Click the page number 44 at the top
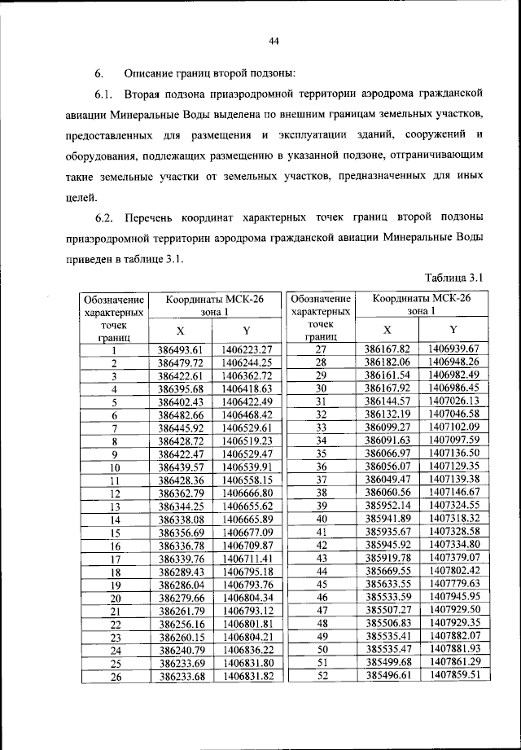point(274,42)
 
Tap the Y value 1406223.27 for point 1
point(244,349)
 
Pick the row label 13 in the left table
point(115,506)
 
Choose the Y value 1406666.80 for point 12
point(244,493)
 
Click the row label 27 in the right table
point(321,349)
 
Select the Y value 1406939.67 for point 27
point(451,349)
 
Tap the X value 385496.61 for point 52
point(387,676)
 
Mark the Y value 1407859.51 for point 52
point(451,676)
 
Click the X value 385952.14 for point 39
point(387,506)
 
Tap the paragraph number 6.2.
point(103,217)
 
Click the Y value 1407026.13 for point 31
point(451,401)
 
